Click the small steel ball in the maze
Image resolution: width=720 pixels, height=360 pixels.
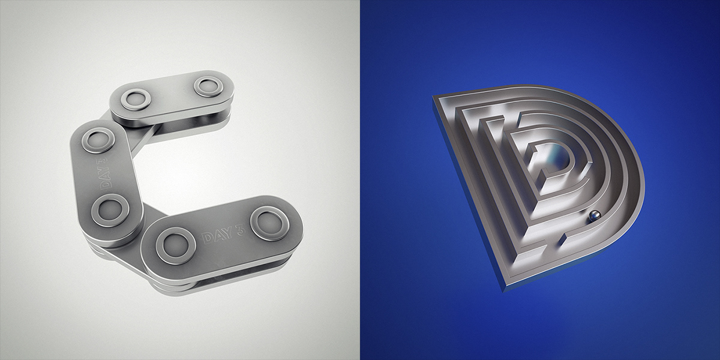(594, 216)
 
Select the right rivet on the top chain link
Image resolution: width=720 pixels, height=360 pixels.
(208, 86)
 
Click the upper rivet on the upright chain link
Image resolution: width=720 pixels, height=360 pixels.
(98, 140)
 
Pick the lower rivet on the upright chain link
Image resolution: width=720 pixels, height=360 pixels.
(110, 210)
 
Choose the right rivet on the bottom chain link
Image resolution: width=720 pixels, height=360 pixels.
(269, 223)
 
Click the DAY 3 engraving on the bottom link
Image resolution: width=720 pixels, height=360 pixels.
(223, 234)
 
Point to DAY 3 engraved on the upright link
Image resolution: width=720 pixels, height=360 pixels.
(106, 173)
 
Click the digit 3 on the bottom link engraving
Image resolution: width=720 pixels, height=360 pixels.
(239, 230)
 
